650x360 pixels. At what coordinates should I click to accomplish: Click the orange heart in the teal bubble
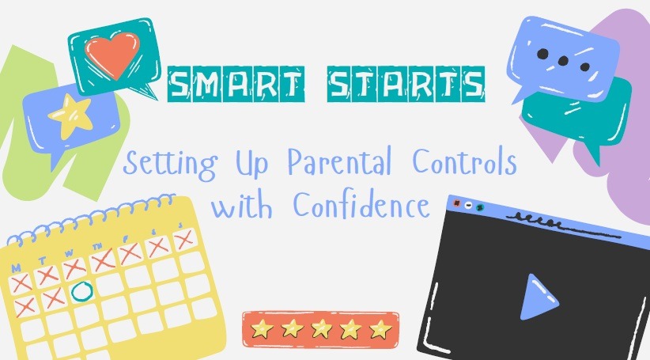112,55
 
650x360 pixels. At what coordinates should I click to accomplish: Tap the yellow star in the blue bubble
70,116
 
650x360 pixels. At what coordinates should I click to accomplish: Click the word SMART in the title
236,84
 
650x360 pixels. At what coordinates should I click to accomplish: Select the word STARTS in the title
406,84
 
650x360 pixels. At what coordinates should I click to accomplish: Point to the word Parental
339,161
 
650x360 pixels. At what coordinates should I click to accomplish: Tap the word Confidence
361,204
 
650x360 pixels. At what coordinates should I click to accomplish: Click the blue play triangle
539,297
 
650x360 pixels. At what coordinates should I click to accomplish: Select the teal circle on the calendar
81,291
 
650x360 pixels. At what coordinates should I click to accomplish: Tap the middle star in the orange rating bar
321,329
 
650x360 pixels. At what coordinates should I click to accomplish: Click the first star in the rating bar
262,329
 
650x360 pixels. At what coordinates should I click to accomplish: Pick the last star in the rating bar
380,329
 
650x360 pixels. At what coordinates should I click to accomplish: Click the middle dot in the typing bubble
562,61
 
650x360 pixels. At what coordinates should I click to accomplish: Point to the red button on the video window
457,203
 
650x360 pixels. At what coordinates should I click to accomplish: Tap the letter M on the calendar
16,268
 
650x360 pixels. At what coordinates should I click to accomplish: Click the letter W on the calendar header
69,252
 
